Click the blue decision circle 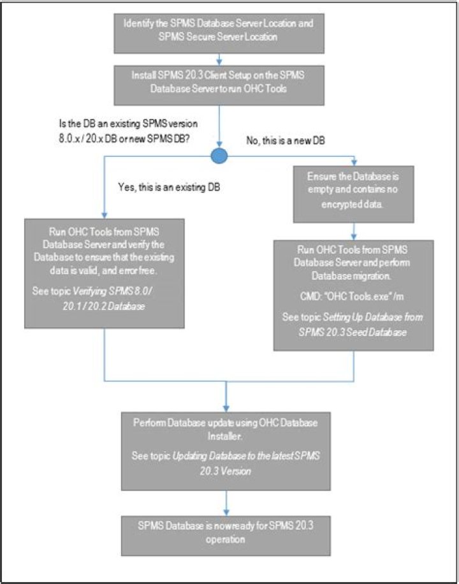point(219,156)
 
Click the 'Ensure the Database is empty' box point(353,189)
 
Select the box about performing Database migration point(353,295)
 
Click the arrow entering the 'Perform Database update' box point(226,400)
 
